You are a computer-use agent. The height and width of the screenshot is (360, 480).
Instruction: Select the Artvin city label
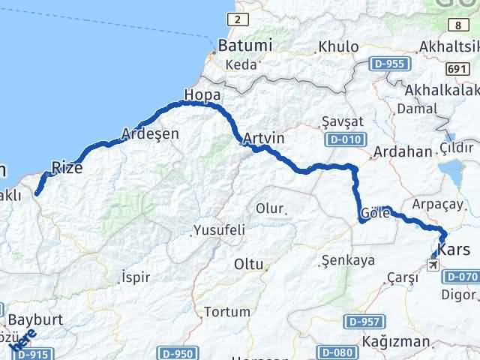[263, 139]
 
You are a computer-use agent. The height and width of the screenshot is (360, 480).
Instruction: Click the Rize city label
[67, 166]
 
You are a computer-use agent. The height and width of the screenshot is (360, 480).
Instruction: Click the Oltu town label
[248, 264]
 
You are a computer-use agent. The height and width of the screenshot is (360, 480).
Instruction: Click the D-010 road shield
[345, 140]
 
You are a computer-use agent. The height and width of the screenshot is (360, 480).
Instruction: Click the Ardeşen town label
[150, 133]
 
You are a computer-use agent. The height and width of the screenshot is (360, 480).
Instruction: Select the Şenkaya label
[347, 261]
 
